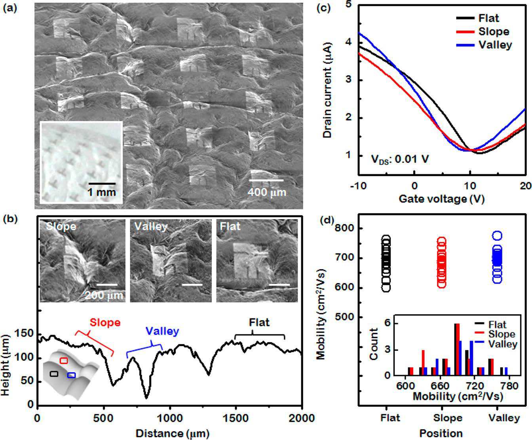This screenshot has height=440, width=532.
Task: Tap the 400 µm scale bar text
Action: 267,192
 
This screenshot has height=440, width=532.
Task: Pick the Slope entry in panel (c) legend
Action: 493,31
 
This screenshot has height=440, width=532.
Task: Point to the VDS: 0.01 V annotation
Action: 400,159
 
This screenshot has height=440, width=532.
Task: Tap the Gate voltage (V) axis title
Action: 441,198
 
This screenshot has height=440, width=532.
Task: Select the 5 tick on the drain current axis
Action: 349,5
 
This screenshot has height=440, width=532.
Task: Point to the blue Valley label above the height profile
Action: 162,331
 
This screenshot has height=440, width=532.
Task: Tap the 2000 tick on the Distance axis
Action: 302,418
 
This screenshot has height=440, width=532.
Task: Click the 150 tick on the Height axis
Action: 25,335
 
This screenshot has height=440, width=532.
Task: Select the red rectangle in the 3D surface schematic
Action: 64,360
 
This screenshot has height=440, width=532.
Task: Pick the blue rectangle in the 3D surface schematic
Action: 72,375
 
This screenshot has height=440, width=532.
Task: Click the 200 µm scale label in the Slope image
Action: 104,295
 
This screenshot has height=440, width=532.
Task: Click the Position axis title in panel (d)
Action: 441,433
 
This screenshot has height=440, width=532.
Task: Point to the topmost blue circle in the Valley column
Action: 497,236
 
